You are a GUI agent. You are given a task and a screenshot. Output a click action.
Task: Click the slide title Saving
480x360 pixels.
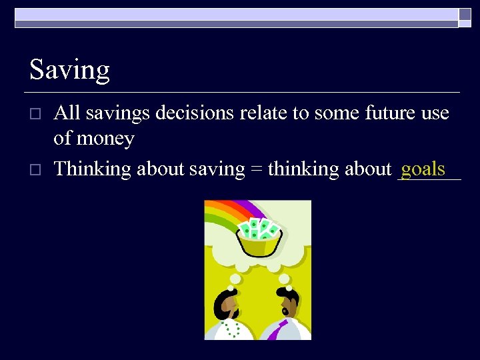(x=69, y=70)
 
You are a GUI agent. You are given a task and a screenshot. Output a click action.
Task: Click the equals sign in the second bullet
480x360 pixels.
(x=256, y=170)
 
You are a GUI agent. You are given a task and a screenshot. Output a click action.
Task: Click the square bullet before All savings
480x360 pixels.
(x=36, y=113)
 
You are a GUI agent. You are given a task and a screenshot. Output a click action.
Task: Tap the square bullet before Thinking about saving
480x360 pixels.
(x=36, y=169)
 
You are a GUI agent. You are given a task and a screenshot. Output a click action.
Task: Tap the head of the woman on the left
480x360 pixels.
(x=227, y=305)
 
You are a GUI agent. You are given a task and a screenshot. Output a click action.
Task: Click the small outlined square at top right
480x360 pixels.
(x=464, y=14)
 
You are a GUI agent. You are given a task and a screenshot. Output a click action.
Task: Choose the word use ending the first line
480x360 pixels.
(x=435, y=113)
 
